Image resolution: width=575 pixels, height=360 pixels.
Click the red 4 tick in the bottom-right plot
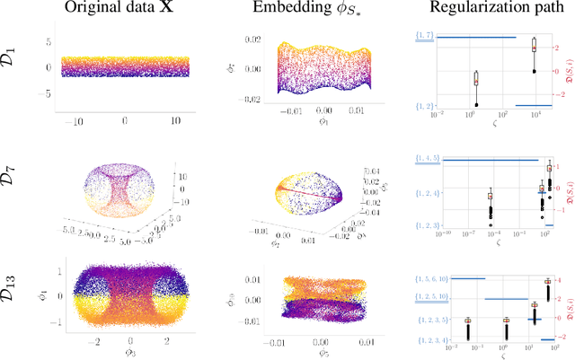560,280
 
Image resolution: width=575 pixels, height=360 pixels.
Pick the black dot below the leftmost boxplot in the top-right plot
476,105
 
